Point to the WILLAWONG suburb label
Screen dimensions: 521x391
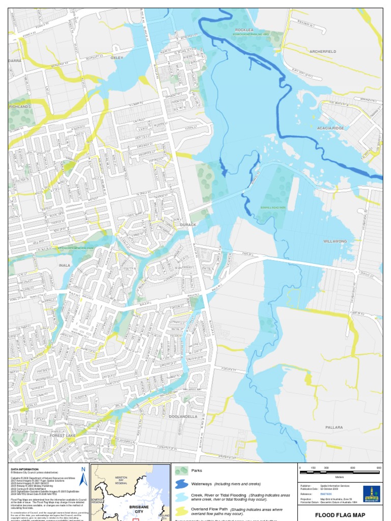(x=335, y=241)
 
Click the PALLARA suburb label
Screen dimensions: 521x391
(x=334, y=427)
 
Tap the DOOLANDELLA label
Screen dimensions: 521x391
(x=183, y=416)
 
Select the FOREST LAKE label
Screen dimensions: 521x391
(x=63, y=436)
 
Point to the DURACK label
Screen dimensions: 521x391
(x=188, y=224)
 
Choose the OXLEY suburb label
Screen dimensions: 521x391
(x=117, y=58)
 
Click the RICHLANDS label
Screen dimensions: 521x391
(x=20, y=106)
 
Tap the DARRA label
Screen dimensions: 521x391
(x=15, y=60)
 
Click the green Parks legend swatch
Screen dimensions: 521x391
(x=182, y=471)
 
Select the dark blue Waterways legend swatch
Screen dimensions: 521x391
(x=182, y=483)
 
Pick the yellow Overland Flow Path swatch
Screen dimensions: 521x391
(x=182, y=510)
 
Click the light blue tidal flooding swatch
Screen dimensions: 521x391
(x=182, y=497)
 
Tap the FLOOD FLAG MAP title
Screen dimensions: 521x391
(x=340, y=515)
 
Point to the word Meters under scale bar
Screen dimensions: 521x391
(x=340, y=477)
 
